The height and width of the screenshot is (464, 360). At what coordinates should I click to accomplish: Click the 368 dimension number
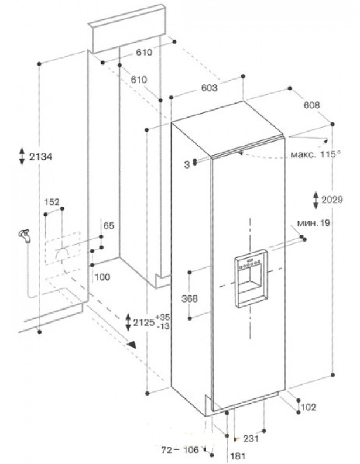[190, 298]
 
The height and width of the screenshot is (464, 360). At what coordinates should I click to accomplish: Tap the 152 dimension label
[53, 202]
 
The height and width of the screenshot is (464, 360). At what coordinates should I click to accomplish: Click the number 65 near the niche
[108, 225]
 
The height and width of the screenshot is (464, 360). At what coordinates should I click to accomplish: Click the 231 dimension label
[251, 438]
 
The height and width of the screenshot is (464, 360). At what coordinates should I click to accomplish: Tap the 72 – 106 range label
[180, 451]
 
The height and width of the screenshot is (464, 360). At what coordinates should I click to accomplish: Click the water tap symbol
[24, 235]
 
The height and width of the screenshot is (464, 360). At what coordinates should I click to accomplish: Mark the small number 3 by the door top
[186, 164]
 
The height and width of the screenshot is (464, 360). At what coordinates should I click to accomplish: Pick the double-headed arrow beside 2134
[22, 156]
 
